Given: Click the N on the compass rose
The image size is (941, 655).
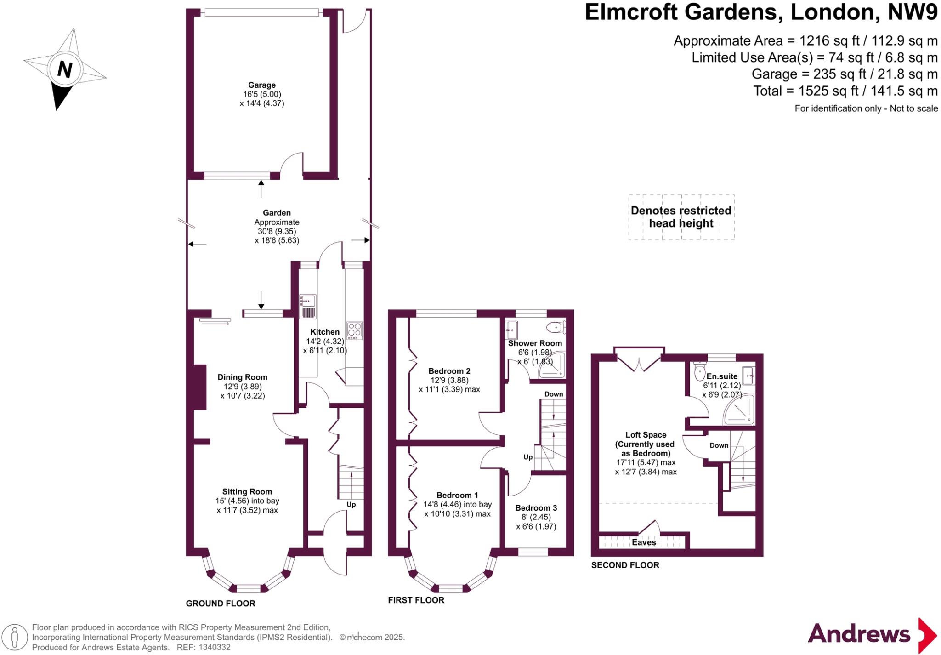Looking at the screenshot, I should tap(65, 70).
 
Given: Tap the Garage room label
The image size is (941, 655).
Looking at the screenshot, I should tap(262, 85).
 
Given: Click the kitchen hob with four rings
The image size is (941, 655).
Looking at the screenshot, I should tap(355, 330).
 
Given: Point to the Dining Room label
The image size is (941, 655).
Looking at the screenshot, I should tap(242, 377).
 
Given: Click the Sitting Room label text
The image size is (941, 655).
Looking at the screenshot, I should tap(247, 491).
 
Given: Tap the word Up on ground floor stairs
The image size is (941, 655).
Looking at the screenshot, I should tap(351, 504).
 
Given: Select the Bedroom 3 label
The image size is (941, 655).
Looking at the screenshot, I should tap(536, 508).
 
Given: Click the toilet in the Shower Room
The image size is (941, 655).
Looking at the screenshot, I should tap(556, 328).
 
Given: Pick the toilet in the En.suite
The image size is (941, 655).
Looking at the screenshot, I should tap(700, 370).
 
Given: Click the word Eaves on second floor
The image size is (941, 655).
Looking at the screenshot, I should tap(644, 542).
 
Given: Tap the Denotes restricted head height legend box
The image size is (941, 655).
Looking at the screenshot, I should tap(681, 217).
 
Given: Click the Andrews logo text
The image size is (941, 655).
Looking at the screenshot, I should tap(859, 634).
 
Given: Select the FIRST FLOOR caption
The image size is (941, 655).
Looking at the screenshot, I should tap(416, 600).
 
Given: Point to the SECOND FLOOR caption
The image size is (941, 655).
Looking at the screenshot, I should tap(625, 565).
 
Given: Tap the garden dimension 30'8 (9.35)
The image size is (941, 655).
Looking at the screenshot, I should tap(277, 231).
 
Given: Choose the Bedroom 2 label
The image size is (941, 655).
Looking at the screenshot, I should tap(449, 371).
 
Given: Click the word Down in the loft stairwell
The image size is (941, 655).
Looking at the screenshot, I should tap(719, 445).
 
